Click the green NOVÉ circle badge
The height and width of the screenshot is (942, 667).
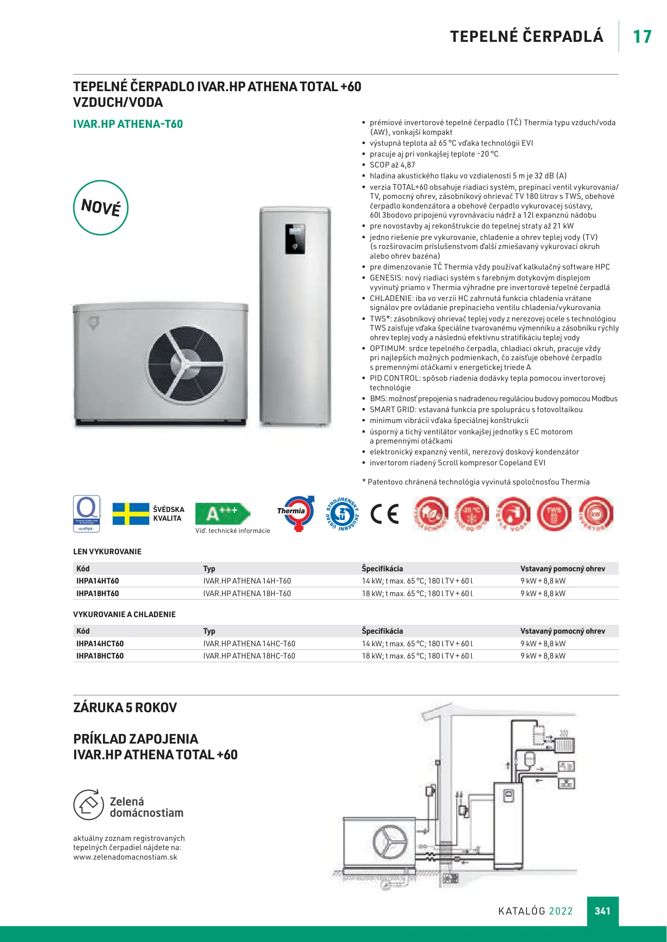[x=101, y=208]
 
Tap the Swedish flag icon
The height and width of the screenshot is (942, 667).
[x=131, y=514]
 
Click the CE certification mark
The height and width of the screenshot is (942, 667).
[x=385, y=514]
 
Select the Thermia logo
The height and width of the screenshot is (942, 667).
[x=296, y=513]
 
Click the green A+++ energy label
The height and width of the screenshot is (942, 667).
[x=222, y=513]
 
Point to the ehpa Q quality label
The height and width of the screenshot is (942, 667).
[x=86, y=513]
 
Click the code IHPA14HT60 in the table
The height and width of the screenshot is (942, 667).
[x=98, y=581]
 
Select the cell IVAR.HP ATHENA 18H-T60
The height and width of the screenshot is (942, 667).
[x=247, y=594]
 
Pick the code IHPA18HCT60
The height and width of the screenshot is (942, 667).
[x=100, y=656]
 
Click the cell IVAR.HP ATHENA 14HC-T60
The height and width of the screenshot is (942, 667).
[x=249, y=644]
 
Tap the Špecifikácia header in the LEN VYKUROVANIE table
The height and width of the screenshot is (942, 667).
[x=382, y=569]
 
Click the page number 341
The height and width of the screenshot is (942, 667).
[x=602, y=911]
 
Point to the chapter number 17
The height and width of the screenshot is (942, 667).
[x=642, y=37]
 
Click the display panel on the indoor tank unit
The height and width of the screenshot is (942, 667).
[x=295, y=239]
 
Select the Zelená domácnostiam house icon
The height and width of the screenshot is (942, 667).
[x=89, y=804]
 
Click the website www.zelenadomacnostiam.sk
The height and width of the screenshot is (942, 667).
[x=125, y=857]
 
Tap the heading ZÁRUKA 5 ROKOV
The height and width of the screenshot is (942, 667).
[x=125, y=707]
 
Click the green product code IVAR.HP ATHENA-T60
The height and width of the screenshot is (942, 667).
[x=128, y=124]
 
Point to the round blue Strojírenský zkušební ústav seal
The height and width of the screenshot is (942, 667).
[x=343, y=514]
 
